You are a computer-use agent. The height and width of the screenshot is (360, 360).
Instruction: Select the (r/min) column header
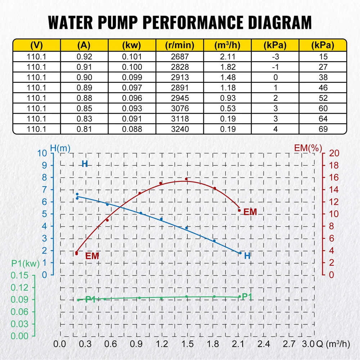(179, 45)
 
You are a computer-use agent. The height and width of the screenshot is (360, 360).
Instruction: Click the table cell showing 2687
(179, 57)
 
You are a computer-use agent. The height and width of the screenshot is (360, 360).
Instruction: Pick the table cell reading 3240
(179, 129)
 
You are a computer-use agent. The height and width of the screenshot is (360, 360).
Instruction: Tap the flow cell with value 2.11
(227, 57)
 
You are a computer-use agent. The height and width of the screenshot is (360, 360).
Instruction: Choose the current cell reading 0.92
(84, 57)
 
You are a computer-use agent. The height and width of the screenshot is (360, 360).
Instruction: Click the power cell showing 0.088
(132, 129)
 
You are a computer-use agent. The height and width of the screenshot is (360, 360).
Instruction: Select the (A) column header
(84, 45)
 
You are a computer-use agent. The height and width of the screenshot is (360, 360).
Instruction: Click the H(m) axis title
(60, 148)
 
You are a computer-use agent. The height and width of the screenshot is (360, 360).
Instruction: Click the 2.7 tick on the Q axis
(289, 343)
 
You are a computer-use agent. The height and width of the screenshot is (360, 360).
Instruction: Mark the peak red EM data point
(186, 179)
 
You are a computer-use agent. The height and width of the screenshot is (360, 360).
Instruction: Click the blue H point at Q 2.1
(240, 253)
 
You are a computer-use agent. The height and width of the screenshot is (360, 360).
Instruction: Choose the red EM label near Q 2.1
(250, 212)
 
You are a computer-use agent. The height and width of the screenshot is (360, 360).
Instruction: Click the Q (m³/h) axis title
(333, 343)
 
